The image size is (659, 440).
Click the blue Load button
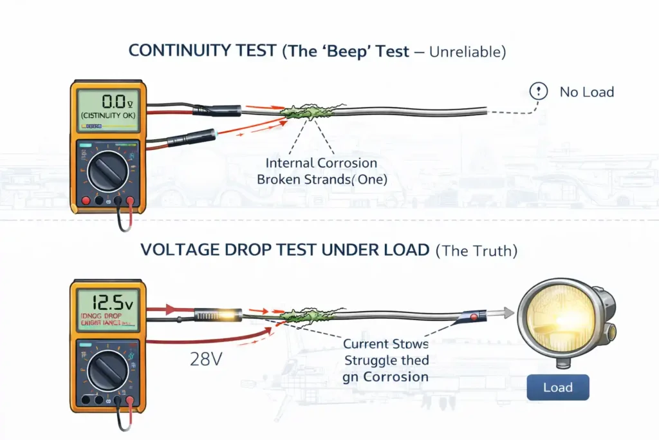557,388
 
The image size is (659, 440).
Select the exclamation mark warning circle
538,91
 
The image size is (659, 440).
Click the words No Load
586,92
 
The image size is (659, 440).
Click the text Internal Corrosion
322,164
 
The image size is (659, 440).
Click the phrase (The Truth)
476,250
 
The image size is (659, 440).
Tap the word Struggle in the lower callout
373,360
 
